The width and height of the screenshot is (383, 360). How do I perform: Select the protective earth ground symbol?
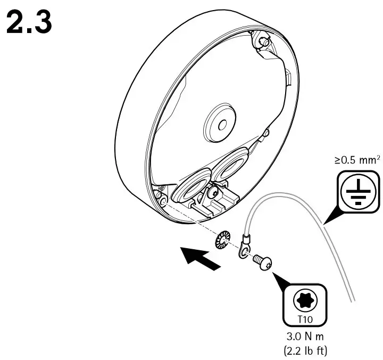[352, 190]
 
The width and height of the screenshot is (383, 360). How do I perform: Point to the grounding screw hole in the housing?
[163, 200]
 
